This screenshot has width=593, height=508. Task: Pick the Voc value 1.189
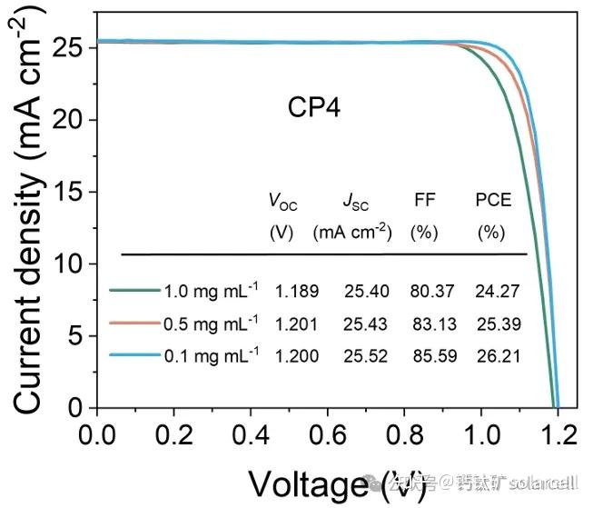(x=297, y=292)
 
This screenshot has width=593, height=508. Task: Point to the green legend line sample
(x=134, y=292)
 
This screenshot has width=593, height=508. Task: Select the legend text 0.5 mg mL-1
(x=211, y=323)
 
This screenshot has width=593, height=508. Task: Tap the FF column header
(x=423, y=200)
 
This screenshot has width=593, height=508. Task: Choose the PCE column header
(x=493, y=200)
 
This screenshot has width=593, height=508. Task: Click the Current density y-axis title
(x=28, y=227)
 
